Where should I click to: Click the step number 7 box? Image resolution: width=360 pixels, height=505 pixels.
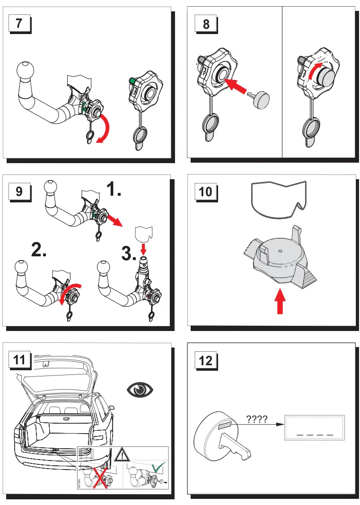coord(19,24)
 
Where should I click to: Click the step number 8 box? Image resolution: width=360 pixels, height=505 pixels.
coord(206,24)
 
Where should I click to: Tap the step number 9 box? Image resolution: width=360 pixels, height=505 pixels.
coord(19,192)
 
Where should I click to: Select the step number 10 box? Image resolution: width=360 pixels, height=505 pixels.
coord(206,192)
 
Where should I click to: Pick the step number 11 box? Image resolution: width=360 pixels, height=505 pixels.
coord(19,360)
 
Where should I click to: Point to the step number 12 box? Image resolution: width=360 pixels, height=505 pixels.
coord(206,360)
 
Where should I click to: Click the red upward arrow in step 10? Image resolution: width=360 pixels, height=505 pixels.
coord(280,302)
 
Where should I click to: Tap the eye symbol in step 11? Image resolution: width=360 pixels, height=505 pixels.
coord(140,390)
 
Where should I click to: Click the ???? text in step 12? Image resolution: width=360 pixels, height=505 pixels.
coord(258,419)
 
